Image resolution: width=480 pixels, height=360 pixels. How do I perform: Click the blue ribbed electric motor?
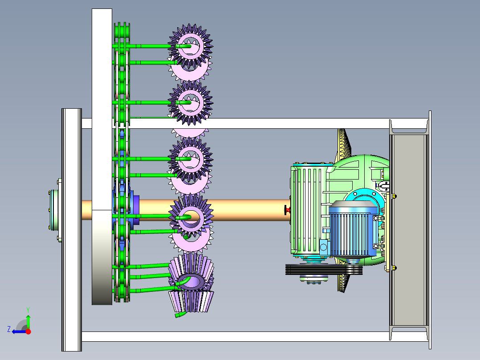pos(353,228)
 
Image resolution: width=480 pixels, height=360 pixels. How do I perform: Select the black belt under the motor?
pos(324,270)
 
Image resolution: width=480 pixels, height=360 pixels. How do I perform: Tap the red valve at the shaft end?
pos(287,210)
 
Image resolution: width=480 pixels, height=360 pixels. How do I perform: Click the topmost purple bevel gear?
pos(191,46)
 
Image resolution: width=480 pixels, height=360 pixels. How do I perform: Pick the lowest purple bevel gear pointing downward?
pos(191,301)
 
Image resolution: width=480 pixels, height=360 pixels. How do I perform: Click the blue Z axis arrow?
pos(19,331)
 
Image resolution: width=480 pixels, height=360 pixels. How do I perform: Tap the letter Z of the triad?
pos(9,329)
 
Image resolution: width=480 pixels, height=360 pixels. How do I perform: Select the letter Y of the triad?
pos(28,310)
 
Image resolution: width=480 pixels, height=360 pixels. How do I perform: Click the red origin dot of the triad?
pos(28,331)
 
